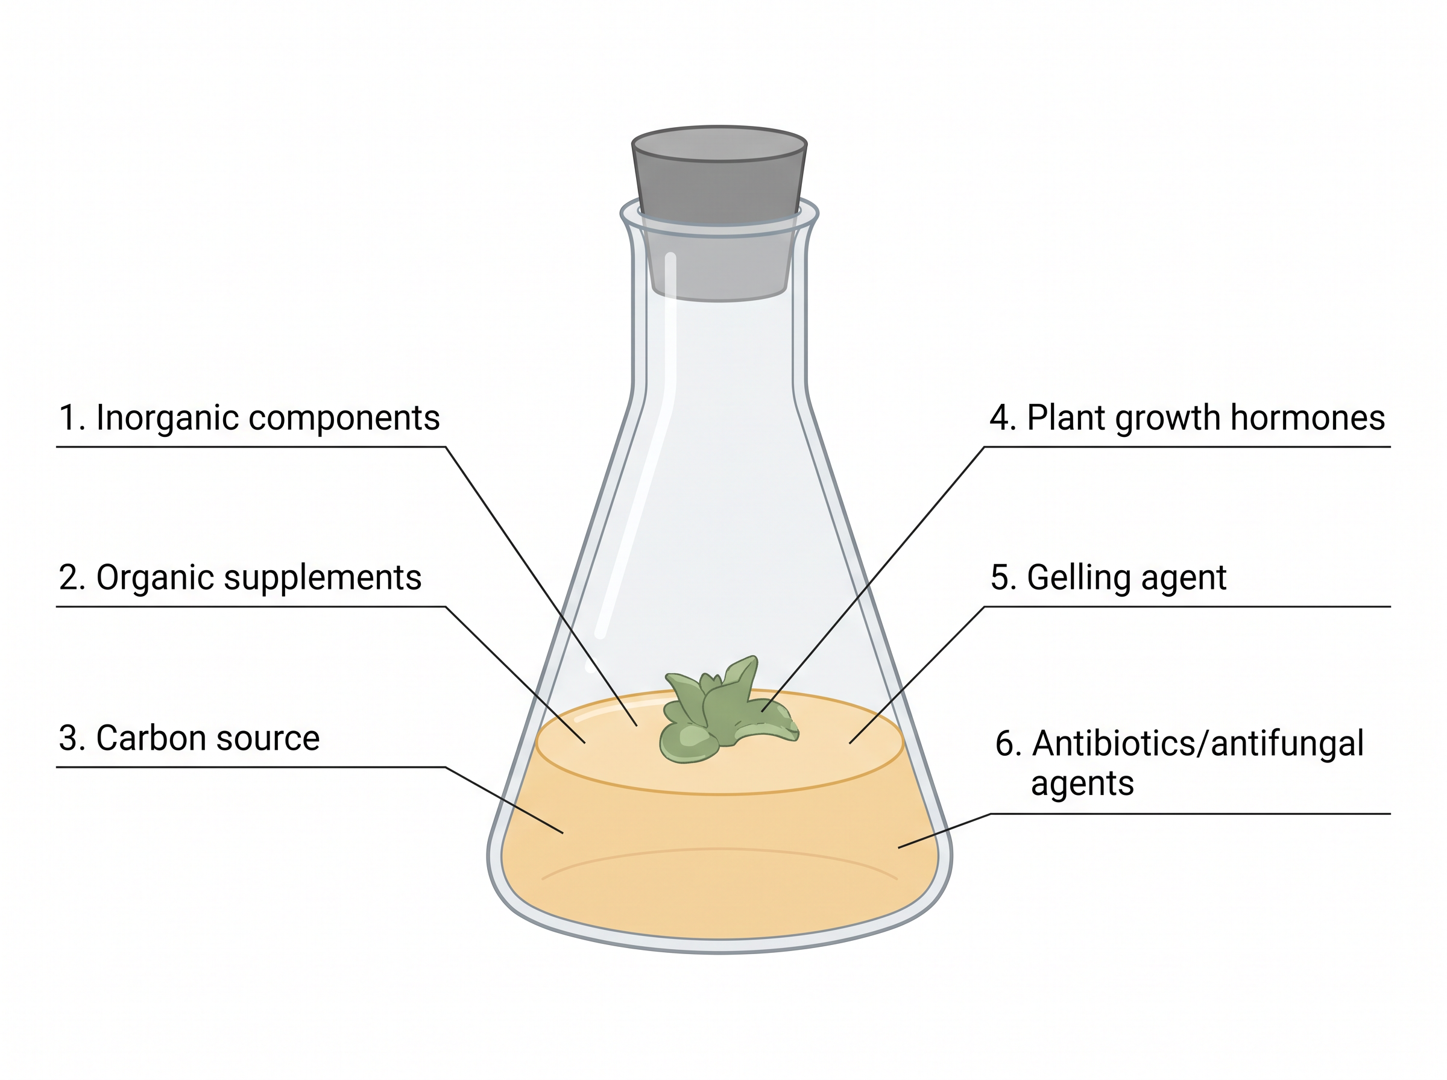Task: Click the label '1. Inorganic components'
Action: [x=249, y=418]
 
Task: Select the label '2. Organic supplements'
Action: [x=240, y=578]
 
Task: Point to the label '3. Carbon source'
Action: [x=189, y=738]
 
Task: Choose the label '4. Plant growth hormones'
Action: [x=1187, y=418]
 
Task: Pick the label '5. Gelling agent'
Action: [x=1108, y=578]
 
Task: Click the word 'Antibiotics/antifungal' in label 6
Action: [x=1198, y=743]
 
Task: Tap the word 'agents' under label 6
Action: [x=1082, y=783]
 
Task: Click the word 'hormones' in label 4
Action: [x=1307, y=418]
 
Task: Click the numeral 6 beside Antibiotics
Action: [x=1004, y=744]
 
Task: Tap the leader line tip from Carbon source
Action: [x=563, y=833]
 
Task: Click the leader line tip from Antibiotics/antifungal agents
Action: [x=899, y=848]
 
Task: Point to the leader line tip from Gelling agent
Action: [x=850, y=743]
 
